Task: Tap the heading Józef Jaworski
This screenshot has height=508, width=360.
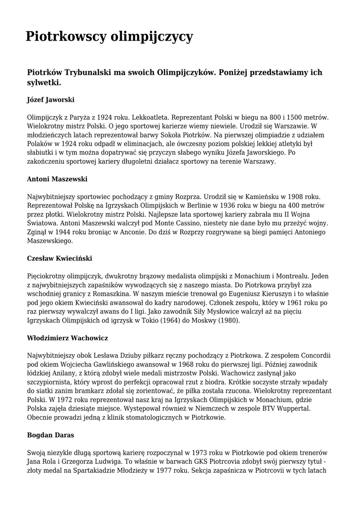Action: [51, 100]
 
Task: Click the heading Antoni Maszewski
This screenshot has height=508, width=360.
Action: [57, 179]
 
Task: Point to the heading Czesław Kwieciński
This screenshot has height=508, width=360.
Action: [60, 258]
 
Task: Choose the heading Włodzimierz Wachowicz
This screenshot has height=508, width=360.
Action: [68, 338]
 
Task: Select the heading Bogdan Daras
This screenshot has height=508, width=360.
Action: [51, 435]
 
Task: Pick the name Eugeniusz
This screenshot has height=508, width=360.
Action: [236, 294]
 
